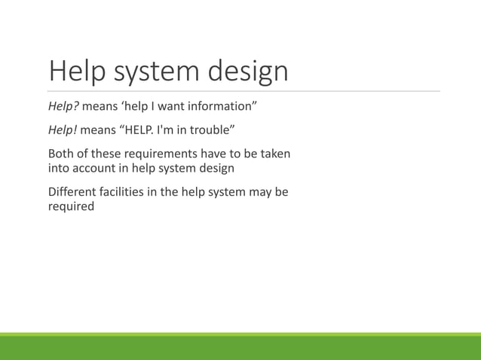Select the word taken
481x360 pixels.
pyautogui.click(x=274, y=154)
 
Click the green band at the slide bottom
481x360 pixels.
pyautogui.click(x=240, y=347)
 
